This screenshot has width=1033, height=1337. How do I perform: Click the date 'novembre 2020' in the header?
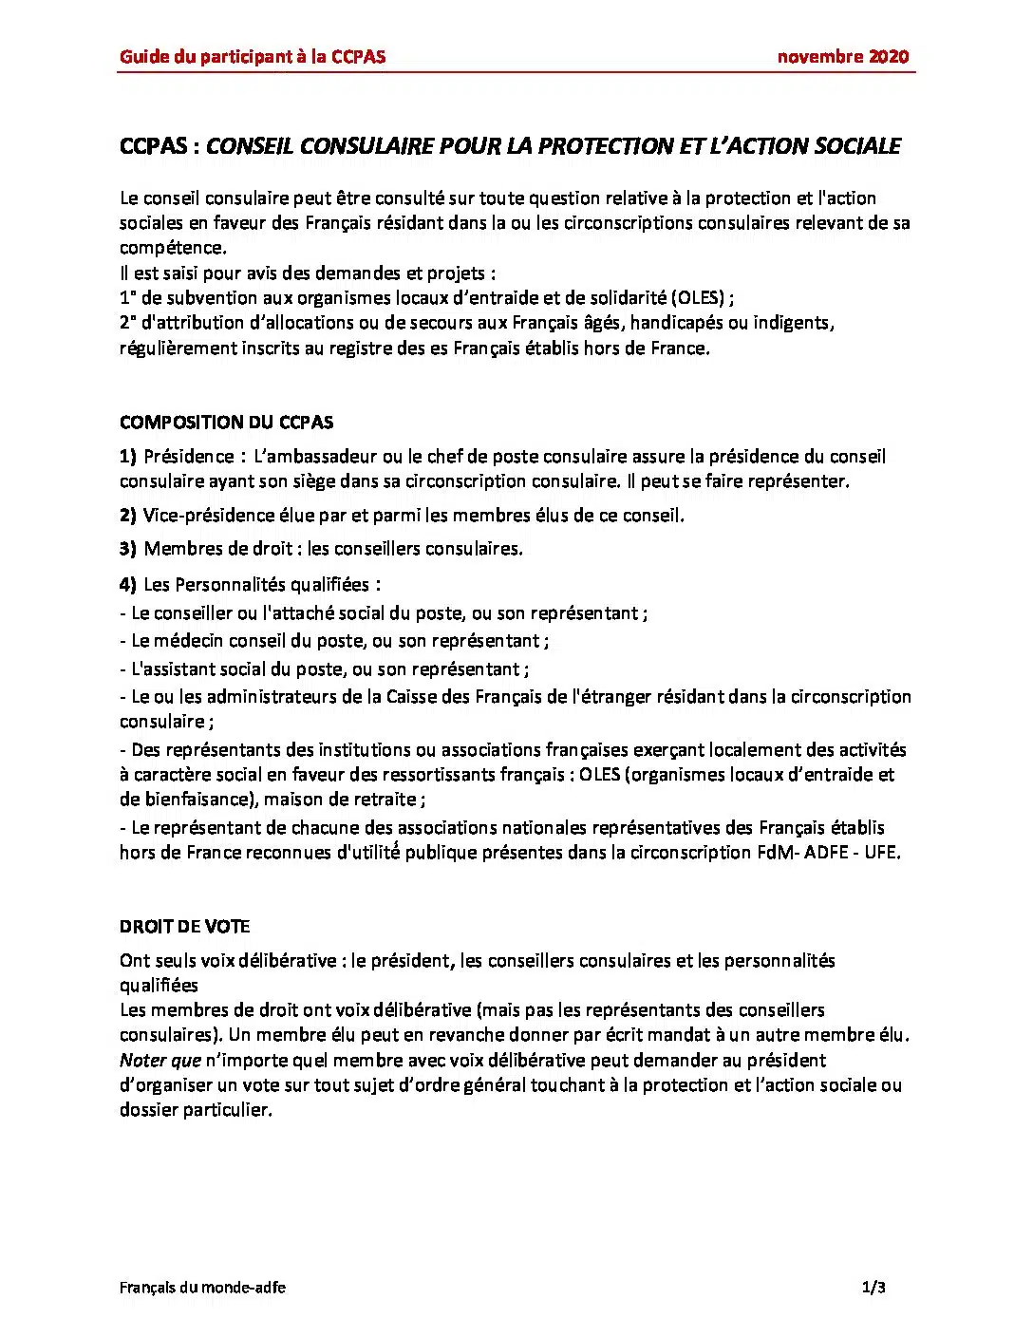[x=842, y=56]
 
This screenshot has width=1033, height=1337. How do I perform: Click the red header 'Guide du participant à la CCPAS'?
[x=253, y=56]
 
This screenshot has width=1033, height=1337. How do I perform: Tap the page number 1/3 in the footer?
[x=873, y=1288]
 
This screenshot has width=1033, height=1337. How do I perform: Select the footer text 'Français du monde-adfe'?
[x=202, y=1288]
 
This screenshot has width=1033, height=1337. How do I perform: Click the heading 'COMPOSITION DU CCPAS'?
[x=226, y=423]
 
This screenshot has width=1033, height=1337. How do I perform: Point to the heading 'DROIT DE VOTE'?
[x=184, y=927]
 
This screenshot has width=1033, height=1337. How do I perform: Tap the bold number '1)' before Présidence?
[x=128, y=457]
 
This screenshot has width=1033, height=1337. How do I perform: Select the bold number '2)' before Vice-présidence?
[x=128, y=516]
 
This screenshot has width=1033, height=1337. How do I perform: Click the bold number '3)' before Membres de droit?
[x=128, y=549]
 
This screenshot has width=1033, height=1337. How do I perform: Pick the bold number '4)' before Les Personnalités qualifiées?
[x=128, y=585]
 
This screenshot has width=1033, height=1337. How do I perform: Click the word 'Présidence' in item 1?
[x=188, y=457]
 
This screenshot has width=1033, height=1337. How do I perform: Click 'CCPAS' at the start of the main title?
[x=153, y=146]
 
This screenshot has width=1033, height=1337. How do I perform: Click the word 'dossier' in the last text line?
[x=147, y=1110]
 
